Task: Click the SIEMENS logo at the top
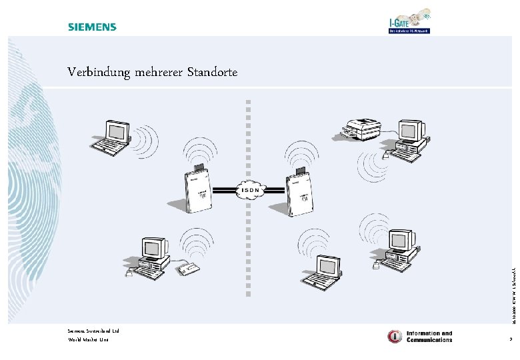(x=92, y=27)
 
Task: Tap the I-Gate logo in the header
(x=409, y=22)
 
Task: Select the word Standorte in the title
(x=212, y=71)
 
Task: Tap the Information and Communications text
(x=429, y=336)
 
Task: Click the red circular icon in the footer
(x=395, y=336)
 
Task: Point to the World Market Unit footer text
(x=88, y=340)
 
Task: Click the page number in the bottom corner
(x=510, y=340)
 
